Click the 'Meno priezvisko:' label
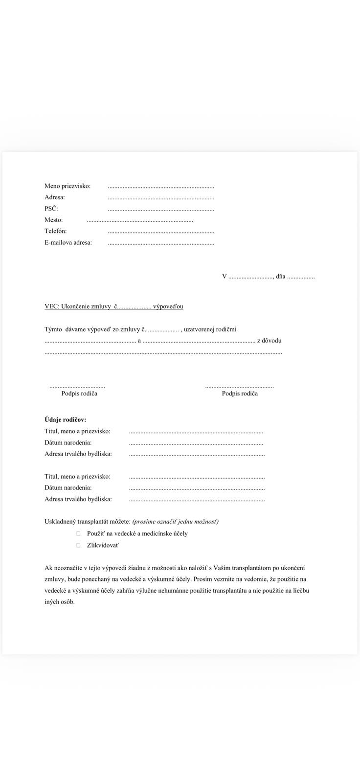click(67, 186)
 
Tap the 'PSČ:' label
click(51, 208)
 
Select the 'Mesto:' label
click(54, 220)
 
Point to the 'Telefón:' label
click(56, 231)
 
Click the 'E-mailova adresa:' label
click(68, 242)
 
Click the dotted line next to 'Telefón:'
click(161, 232)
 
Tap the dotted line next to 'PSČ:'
click(161, 209)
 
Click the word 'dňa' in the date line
click(280, 276)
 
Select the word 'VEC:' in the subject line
click(51, 306)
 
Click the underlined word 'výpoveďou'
click(168, 306)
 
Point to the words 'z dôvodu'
click(269, 341)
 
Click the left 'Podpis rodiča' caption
click(79, 393)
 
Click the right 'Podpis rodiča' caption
click(240, 393)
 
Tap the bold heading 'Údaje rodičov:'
click(65, 420)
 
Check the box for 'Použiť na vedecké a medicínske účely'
click(78, 534)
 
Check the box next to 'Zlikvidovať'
click(78, 545)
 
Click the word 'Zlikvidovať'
click(103, 545)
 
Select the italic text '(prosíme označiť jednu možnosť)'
click(175, 522)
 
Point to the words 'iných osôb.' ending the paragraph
click(60, 602)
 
